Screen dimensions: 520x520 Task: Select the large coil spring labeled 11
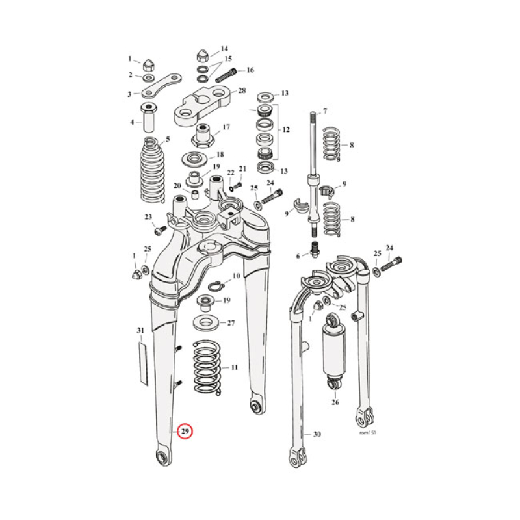pyautogui.click(x=207, y=369)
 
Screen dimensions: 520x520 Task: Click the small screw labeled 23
pyautogui.click(x=161, y=228)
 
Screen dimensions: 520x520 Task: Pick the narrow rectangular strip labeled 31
pyautogui.click(x=141, y=356)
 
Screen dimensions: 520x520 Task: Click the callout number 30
pyautogui.click(x=317, y=435)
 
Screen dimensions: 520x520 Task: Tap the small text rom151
pyautogui.click(x=367, y=432)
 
